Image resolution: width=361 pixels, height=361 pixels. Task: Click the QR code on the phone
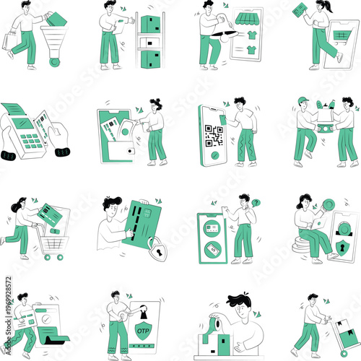click(213, 135)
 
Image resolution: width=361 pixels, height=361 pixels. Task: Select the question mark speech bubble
click(256, 203)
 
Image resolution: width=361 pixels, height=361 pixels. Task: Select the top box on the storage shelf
click(149, 25)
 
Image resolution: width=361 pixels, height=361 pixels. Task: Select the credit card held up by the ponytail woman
click(299, 11)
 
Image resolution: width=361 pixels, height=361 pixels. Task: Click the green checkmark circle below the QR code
click(213, 155)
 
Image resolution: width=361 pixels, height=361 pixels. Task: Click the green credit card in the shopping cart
click(51, 214)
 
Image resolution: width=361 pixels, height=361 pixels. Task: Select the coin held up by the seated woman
click(328, 206)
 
